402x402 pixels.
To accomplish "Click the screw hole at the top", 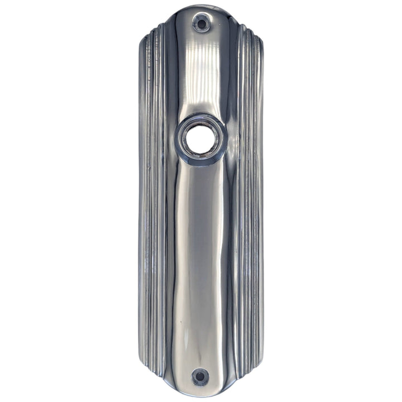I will tap(201, 23).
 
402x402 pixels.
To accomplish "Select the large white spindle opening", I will tap(201, 139).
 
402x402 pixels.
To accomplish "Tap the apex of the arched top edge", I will tap(201, 7).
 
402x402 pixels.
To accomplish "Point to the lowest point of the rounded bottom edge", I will tap(200, 394).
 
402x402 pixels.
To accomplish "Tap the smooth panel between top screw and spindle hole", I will tap(201, 73).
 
